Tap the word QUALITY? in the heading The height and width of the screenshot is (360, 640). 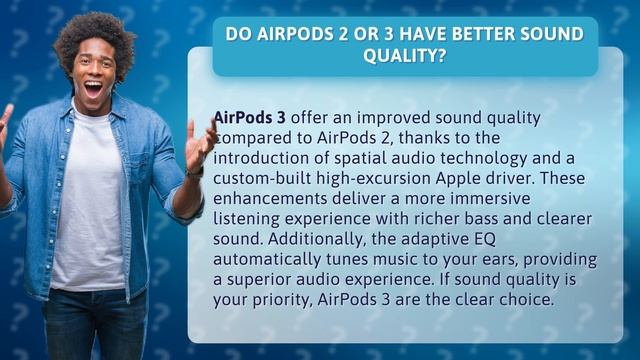click(x=404, y=58)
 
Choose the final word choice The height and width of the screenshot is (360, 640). click(x=520, y=297)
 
